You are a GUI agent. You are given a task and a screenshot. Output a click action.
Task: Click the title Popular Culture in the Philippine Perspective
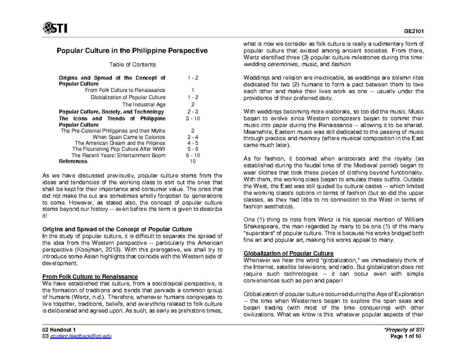pos(132,51)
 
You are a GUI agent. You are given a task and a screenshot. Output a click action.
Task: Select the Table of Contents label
pos(132,64)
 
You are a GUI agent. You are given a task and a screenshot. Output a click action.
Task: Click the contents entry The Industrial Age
pos(144,104)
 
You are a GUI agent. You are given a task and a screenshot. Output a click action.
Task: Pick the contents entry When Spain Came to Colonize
pos(129,137)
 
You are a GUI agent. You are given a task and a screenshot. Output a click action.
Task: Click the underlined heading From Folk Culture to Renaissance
pos(90,277)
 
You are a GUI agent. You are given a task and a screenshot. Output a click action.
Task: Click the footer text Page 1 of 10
pos(409,336)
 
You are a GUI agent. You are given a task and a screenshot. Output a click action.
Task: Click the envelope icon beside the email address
pos(45,336)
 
